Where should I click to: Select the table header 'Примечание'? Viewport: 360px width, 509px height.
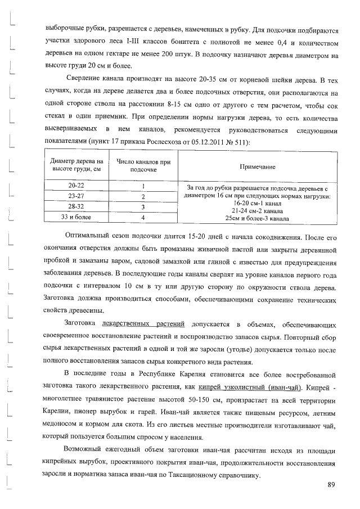(257, 166)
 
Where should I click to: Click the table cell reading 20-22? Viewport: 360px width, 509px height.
(76, 186)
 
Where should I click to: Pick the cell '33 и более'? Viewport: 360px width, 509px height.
(76, 217)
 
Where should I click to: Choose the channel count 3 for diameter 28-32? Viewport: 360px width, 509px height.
(143, 206)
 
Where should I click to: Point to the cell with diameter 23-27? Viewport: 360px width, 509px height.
(76, 196)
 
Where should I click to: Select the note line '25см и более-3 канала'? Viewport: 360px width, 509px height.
(257, 218)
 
